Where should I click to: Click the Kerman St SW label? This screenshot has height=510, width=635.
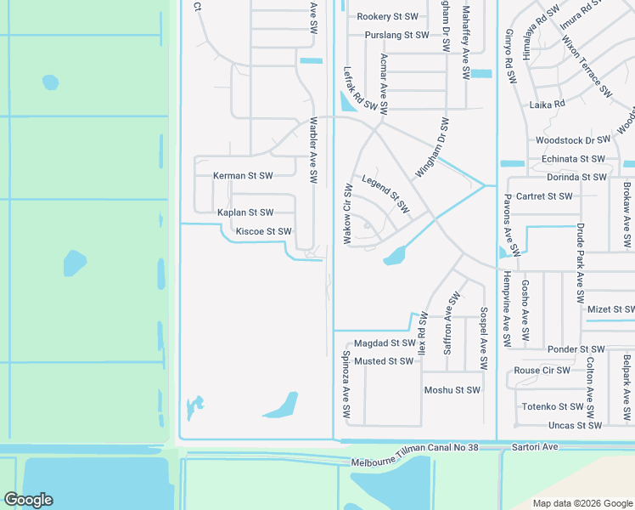[243, 176]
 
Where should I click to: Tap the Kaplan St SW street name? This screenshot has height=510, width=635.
[245, 212]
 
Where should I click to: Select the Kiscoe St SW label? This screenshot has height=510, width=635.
[264, 231]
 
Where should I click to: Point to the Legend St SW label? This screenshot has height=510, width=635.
[385, 195]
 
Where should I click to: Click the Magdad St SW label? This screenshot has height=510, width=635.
[385, 343]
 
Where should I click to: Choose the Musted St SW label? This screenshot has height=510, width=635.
[384, 361]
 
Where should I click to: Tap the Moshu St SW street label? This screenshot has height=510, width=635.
[452, 391]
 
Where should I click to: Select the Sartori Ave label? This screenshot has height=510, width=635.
[534, 446]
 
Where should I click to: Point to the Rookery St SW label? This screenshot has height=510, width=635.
[388, 17]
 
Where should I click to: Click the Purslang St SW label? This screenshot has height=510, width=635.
[396, 36]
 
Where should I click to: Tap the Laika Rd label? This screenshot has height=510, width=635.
[547, 105]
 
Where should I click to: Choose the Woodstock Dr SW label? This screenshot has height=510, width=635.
[573, 140]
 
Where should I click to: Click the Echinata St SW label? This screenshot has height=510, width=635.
[573, 159]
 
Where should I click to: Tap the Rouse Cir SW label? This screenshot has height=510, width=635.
[542, 371]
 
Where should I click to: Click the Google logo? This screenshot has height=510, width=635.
[28, 500]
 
